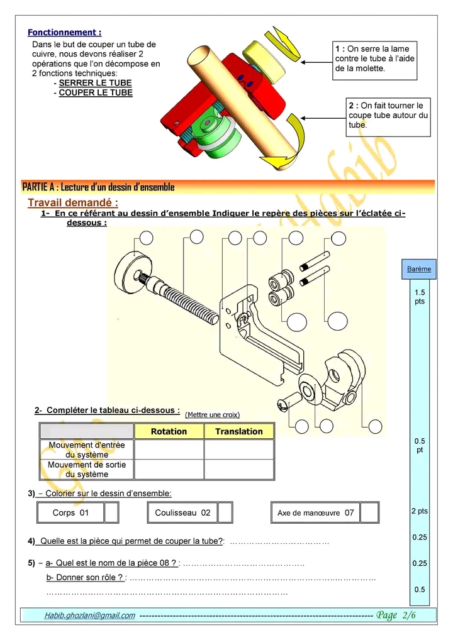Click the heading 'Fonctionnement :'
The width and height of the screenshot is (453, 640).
[x=64, y=32]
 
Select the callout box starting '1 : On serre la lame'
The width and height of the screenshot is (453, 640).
[x=375, y=58]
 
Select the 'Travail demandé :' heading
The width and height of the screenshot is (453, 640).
[x=73, y=202]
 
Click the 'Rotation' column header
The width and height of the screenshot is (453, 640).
[x=169, y=431]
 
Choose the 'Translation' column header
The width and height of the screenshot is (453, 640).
[x=238, y=431]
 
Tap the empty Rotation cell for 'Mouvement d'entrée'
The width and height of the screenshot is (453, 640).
[x=169, y=450]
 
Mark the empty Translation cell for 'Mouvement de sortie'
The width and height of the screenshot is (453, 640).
[x=238, y=469]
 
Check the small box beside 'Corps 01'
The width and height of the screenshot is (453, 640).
[x=111, y=513]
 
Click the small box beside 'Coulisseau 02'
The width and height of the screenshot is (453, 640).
[x=225, y=513]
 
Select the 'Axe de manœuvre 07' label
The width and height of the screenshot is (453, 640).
[x=316, y=513]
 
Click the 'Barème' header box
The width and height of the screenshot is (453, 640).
[x=419, y=269]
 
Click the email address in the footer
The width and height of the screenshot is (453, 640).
[x=89, y=615]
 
